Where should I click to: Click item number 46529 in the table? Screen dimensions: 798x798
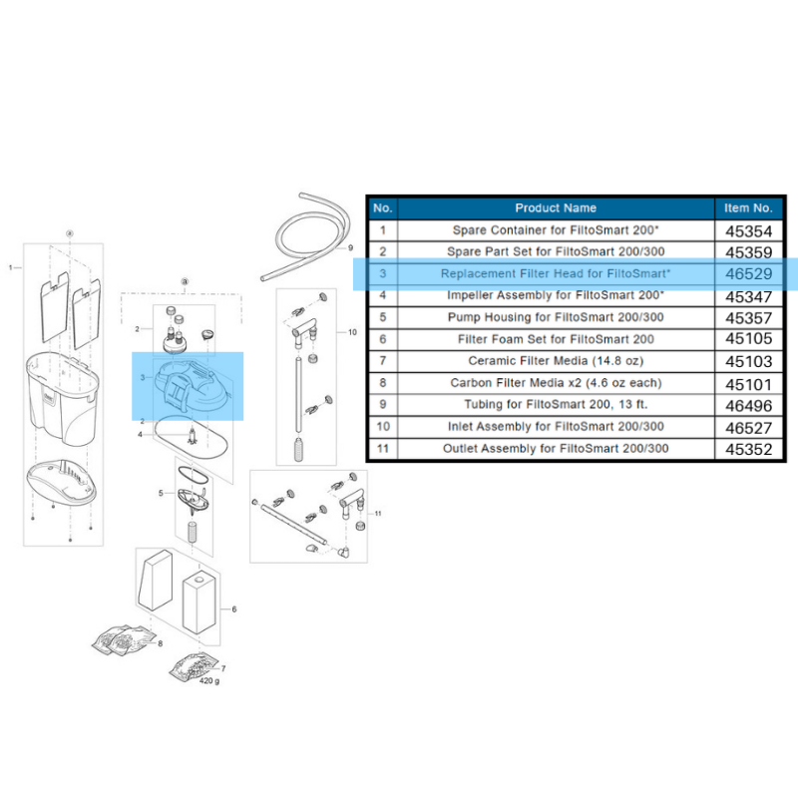tap(748, 273)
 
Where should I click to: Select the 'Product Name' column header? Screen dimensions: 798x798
tap(556, 207)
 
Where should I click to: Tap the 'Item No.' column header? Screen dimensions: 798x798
tap(748, 207)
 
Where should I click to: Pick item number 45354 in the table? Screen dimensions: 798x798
tap(748, 230)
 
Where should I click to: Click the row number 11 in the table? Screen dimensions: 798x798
tap(381, 449)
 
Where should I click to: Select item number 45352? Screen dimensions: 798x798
tap(748, 449)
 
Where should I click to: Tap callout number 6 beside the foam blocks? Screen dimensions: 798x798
tap(233, 608)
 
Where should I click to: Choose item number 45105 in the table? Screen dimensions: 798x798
tap(748, 339)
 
